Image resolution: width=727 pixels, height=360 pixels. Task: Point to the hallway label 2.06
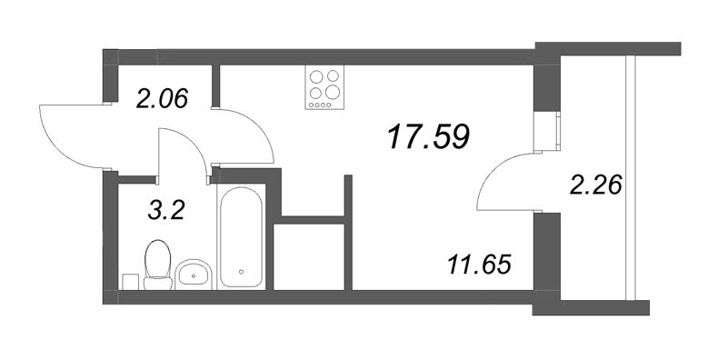point(163,96)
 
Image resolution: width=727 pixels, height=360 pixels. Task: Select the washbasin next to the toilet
point(193,272)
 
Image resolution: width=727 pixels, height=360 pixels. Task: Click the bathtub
point(241,235)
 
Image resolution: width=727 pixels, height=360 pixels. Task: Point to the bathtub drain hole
point(241,270)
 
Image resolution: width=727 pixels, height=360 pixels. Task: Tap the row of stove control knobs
point(325,105)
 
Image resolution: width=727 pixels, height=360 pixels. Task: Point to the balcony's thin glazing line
point(630,182)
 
